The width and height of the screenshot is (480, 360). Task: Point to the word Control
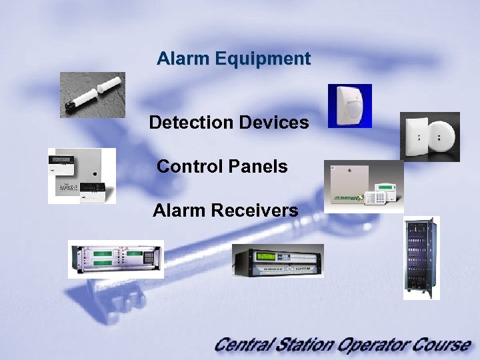point(185,166)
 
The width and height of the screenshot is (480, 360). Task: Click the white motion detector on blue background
point(349,105)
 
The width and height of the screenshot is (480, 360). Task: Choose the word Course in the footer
point(444,345)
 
